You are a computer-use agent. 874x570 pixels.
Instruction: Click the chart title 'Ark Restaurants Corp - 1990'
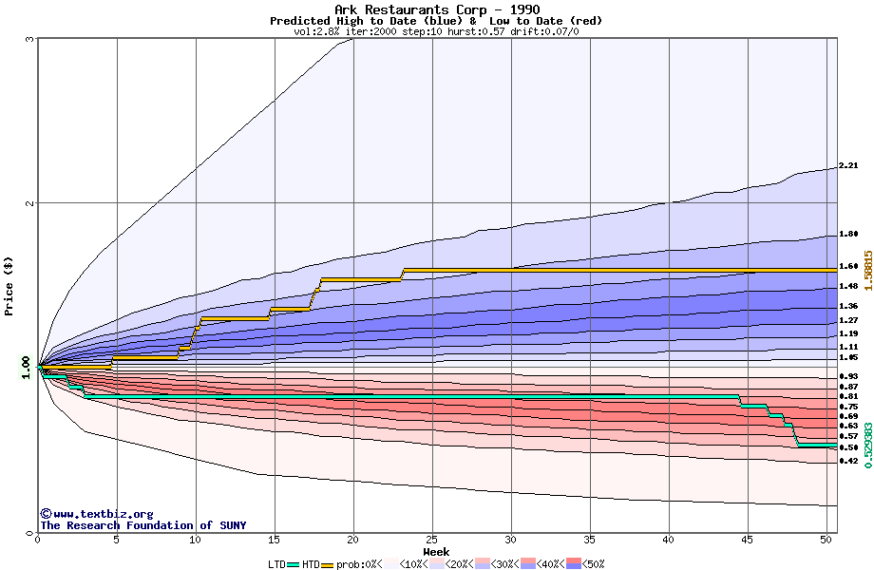point(437,9)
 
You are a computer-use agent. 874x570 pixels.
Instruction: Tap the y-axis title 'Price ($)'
point(9,286)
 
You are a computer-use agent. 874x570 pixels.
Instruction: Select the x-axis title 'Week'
point(437,551)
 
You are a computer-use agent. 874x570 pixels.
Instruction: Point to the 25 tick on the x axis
point(432,540)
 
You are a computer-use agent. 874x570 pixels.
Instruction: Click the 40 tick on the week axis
point(669,540)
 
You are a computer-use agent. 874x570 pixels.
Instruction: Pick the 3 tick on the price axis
point(30,39)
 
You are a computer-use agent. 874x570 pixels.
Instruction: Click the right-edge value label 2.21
point(848,166)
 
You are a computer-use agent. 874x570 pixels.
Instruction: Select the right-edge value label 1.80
point(848,234)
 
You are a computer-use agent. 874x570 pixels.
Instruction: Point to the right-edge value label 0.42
point(848,462)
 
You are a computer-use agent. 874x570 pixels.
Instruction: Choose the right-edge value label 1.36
point(848,306)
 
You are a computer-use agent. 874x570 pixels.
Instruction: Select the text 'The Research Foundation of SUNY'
point(142,525)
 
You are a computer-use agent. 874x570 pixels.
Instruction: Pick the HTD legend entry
point(311,564)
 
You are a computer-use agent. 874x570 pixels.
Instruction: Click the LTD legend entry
point(276,564)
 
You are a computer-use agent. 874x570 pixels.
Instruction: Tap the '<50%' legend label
point(592,564)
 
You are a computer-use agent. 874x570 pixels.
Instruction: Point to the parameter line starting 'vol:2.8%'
point(437,31)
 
